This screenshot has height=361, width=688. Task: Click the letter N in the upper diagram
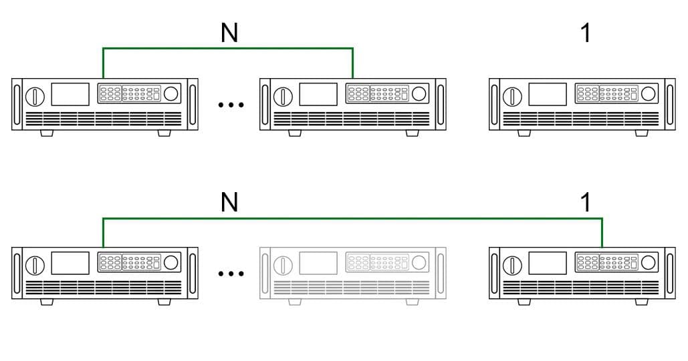coord(229,33)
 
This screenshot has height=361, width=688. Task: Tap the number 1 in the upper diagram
coord(586,33)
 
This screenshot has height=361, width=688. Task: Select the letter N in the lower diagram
coord(229,202)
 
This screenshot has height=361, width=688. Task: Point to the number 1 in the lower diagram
coord(586,202)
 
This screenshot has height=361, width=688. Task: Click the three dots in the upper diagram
coord(231,105)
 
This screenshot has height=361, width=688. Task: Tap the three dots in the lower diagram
coord(231,274)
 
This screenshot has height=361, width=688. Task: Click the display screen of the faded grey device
coord(318,263)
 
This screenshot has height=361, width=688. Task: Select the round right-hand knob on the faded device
coord(419,262)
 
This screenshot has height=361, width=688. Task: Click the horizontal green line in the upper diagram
coord(228,48)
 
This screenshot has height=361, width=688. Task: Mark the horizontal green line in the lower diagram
coord(352,218)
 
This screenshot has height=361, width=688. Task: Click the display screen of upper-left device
coord(70,94)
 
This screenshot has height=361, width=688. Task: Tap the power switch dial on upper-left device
coord(35,96)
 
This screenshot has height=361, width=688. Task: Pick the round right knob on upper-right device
coord(648,93)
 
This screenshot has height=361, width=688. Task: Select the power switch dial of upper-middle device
coord(283,96)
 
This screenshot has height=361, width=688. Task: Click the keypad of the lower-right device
coord(607,262)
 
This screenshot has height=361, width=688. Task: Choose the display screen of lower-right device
coord(548,263)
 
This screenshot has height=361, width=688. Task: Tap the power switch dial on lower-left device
coord(35,266)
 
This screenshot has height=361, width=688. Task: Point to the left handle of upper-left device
coord(17,104)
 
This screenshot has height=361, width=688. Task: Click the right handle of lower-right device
coord(670,274)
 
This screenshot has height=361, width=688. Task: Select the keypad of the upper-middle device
coord(378,94)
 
